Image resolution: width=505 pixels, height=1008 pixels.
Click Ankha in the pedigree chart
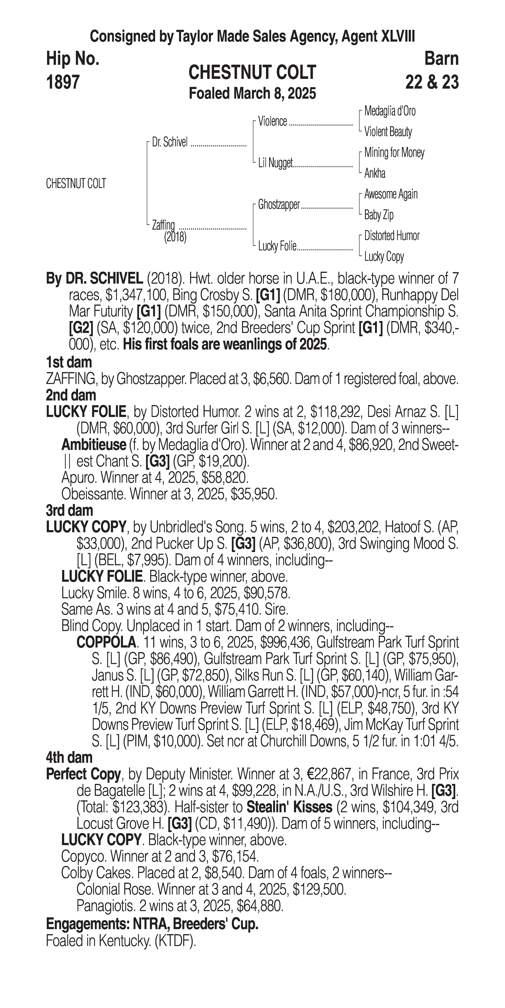375,173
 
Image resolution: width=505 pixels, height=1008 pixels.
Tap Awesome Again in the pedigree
391,194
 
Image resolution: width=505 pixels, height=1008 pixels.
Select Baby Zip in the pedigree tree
379,215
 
